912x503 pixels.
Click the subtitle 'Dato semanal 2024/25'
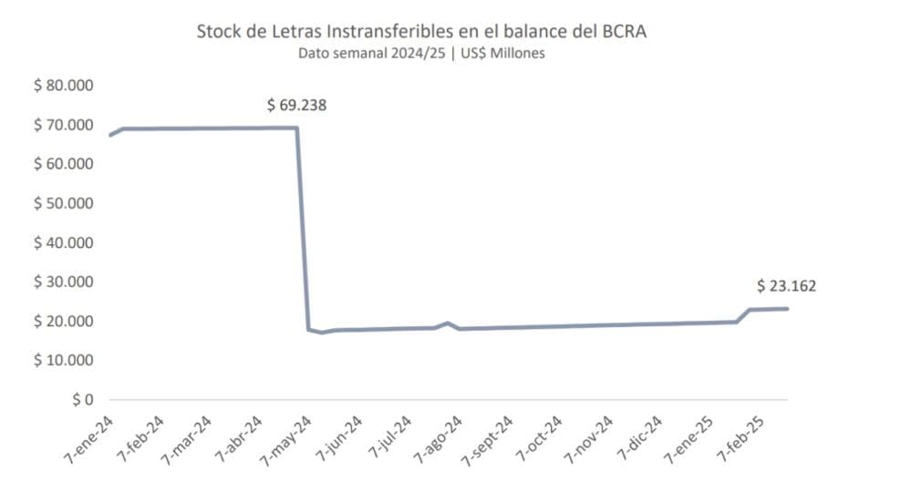click(421, 53)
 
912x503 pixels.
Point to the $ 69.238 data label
click(296, 105)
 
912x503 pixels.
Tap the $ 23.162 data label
click(786, 286)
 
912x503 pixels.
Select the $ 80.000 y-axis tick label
click(64, 86)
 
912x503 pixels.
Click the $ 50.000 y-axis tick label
click(64, 203)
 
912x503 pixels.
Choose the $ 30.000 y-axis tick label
click(64, 282)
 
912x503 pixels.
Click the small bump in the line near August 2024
click(447, 323)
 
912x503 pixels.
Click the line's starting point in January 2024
click(110, 135)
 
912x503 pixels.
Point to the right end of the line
click(787, 309)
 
